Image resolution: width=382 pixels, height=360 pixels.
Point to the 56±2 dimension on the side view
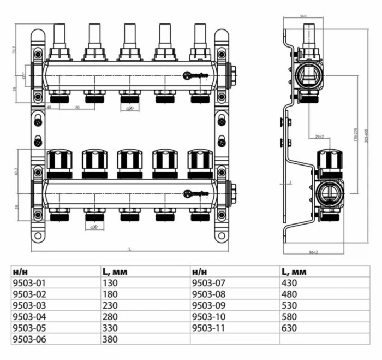tap(303, 16)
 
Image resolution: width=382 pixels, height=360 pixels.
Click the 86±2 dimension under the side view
tap(313, 252)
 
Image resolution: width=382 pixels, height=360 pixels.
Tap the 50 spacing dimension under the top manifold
tap(77, 108)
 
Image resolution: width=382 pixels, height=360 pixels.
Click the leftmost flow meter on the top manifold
tap(59, 41)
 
